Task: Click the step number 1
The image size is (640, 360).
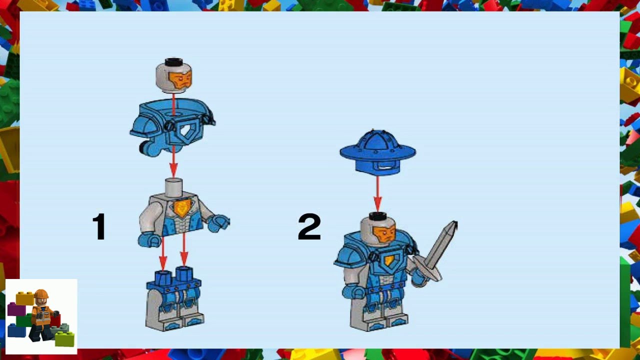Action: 99,226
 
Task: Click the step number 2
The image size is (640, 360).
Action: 309,226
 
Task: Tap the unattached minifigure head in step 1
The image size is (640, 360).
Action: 174,76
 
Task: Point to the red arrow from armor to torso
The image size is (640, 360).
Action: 173,162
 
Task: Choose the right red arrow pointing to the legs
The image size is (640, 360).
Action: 184,252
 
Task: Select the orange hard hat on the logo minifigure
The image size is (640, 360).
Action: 41,294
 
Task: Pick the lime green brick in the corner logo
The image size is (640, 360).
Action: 64,339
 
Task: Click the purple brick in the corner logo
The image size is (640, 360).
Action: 15,308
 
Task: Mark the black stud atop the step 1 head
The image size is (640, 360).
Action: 173,62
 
